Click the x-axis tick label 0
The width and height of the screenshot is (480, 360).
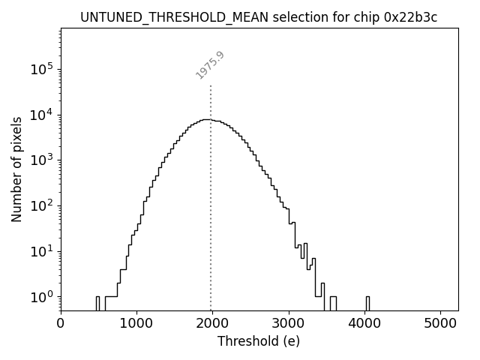coord(61,323)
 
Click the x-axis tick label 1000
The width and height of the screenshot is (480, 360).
coord(136,323)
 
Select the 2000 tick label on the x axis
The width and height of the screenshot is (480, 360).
coord(212,323)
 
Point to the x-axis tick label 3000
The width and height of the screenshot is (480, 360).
coord(289,323)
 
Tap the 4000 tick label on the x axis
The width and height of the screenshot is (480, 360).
coord(364,323)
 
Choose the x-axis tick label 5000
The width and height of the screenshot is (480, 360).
coord(440,323)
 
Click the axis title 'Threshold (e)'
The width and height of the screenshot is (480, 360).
coord(259,341)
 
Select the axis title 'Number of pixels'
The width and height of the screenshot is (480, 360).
coord(16,169)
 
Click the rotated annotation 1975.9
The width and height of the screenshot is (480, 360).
coord(210,65)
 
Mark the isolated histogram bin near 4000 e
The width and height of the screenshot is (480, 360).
coord(367,303)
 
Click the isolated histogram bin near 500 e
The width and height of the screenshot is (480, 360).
coord(97,303)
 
